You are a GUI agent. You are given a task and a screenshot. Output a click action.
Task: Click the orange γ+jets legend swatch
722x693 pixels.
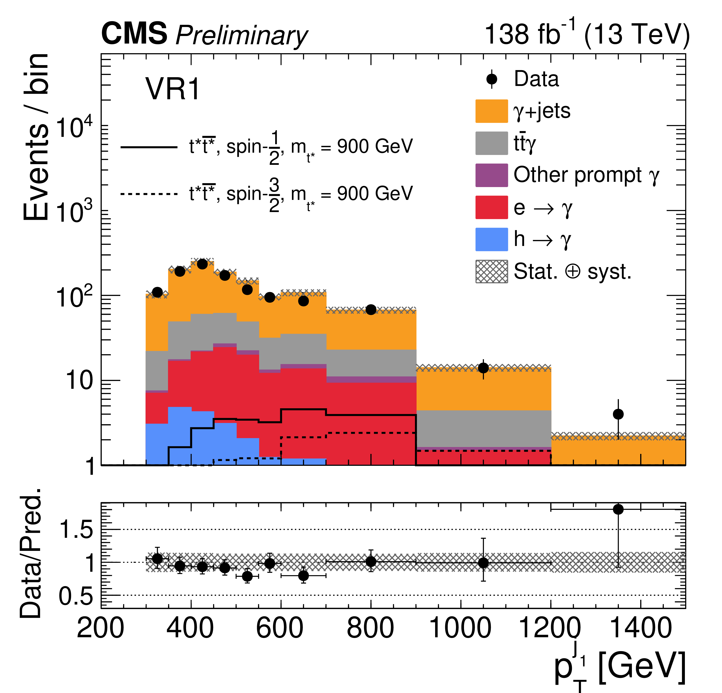pos(491,111)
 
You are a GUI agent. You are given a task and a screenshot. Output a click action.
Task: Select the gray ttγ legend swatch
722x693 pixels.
pos(491,143)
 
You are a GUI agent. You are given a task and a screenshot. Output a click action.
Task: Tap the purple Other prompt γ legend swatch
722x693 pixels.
pos(491,175)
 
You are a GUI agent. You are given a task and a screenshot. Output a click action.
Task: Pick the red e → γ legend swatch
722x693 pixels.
pos(491,207)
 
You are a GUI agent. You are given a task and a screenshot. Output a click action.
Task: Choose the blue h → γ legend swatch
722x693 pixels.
pos(491,239)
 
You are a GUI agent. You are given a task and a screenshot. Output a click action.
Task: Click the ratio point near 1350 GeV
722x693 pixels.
pos(618,509)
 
